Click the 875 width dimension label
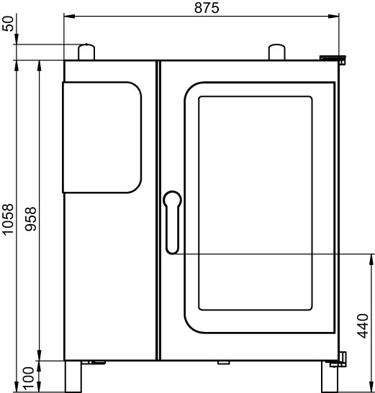[x=207, y=8]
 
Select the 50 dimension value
[x=8, y=24]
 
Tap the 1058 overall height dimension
[x=8, y=220]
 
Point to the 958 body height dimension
[x=31, y=219]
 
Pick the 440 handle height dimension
[x=363, y=326]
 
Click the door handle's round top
[x=172, y=199]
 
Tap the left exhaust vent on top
[x=86, y=52]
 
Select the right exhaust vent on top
[x=277, y=52]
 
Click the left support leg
[x=73, y=376]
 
